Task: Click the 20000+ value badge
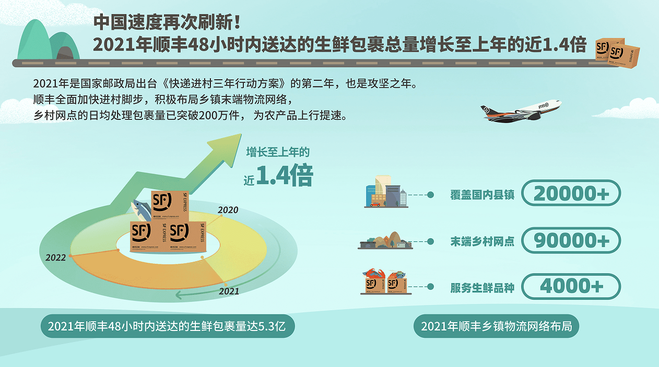click(571, 193)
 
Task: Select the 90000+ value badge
click(571, 240)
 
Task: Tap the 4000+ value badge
click(571, 286)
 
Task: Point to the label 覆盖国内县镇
click(482, 195)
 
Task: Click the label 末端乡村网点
click(482, 241)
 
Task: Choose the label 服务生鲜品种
click(482, 288)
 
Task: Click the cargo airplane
click(521, 111)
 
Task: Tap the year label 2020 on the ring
click(228, 210)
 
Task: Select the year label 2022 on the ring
click(55, 258)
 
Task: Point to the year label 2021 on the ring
click(229, 291)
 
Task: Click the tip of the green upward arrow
click(241, 134)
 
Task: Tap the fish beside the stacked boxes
click(140, 210)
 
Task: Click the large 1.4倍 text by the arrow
click(285, 176)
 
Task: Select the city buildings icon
click(386, 191)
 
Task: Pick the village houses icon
click(385, 240)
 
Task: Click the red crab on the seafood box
click(374, 273)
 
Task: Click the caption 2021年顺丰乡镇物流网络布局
click(496, 326)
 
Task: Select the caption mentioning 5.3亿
click(168, 326)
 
